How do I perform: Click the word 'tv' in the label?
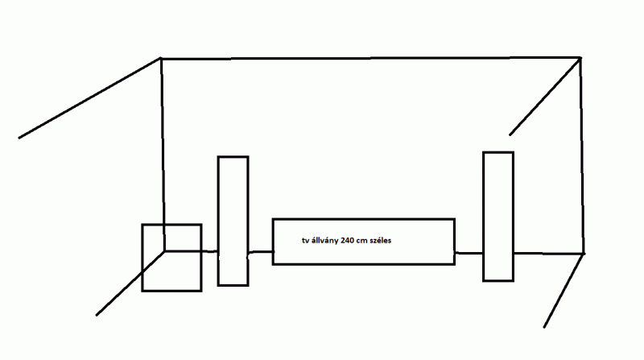305,240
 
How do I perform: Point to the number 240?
350,240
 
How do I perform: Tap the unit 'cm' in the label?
367,240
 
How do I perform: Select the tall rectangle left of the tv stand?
233,221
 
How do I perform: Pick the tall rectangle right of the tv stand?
498,216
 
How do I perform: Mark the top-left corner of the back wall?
161,58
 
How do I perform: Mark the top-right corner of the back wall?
580,57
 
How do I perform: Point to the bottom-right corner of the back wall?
583,254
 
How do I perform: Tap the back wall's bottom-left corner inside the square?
165,250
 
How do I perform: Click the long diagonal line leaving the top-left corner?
89,98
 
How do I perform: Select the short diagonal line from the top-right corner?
545,96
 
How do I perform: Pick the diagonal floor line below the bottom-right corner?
563,290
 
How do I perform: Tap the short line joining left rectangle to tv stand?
260,252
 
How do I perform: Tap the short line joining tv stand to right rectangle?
469,252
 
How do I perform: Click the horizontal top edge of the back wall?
370,58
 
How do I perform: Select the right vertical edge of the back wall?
581,153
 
